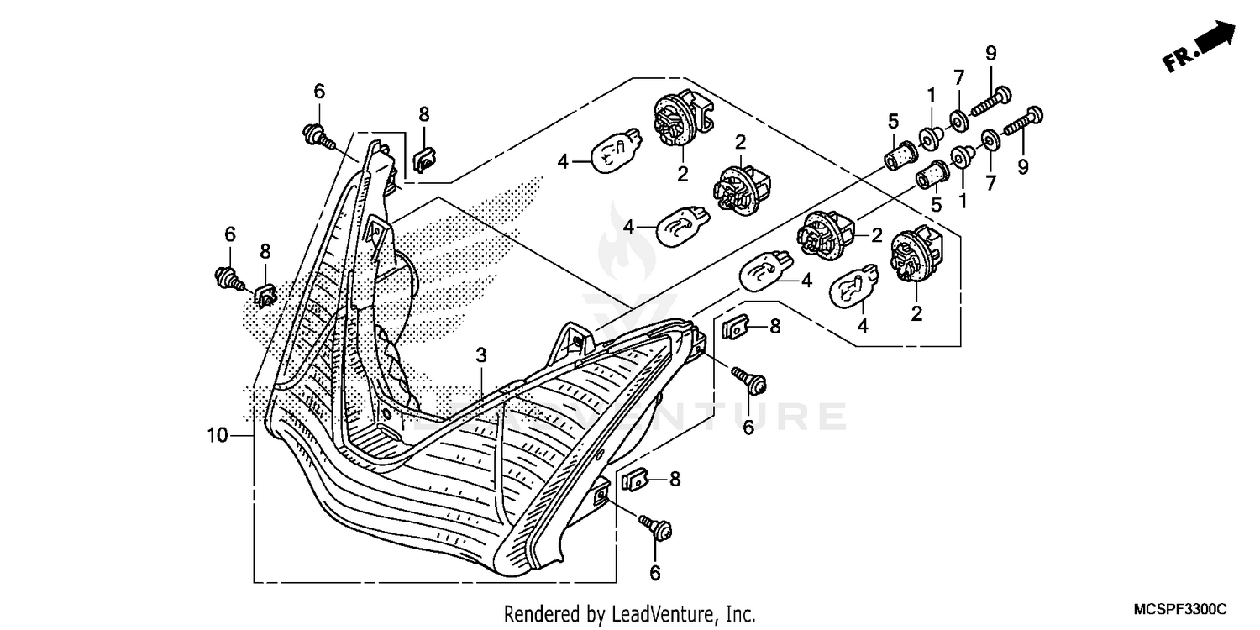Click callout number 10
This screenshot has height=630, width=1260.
coord(217,435)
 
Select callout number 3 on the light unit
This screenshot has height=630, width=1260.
coord(480,356)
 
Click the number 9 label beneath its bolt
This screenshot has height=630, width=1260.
coord(1022,167)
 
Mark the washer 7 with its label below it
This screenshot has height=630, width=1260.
coord(989,139)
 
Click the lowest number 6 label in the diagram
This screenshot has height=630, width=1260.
coord(655,573)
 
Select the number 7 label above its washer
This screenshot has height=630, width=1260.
coord(958,78)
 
